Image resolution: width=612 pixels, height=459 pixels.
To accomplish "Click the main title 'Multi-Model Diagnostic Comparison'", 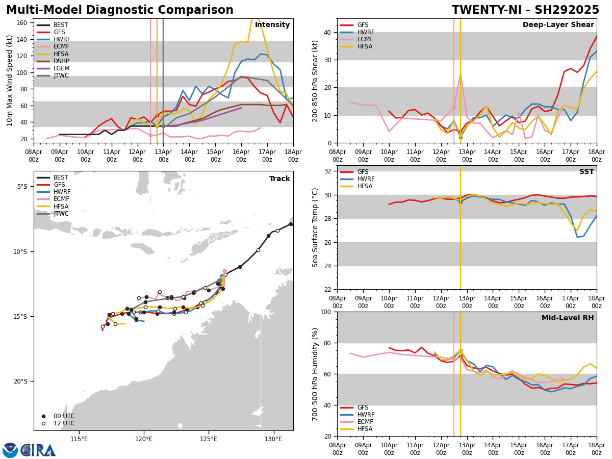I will click(x=120, y=10).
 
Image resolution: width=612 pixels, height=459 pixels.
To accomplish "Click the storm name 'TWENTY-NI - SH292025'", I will click(x=525, y=10).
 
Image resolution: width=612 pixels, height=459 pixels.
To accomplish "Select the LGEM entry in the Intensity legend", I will click(x=61, y=68).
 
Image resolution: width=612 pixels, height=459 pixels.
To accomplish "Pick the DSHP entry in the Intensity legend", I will click(x=61, y=61).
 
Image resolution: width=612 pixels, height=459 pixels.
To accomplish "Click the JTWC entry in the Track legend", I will click(x=61, y=214).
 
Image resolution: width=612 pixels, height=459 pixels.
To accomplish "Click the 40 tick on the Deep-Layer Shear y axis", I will click(x=328, y=32).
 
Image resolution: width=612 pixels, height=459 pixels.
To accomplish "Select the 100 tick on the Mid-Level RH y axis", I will click(x=326, y=312).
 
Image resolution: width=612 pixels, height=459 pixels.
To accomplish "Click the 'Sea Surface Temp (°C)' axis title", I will click(x=315, y=227).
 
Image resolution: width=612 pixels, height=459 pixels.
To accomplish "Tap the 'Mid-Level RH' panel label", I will click(x=568, y=318).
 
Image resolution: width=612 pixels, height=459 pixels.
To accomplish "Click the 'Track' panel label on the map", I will click(x=279, y=178).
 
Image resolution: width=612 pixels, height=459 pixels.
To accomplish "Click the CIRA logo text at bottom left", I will click(x=38, y=450).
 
